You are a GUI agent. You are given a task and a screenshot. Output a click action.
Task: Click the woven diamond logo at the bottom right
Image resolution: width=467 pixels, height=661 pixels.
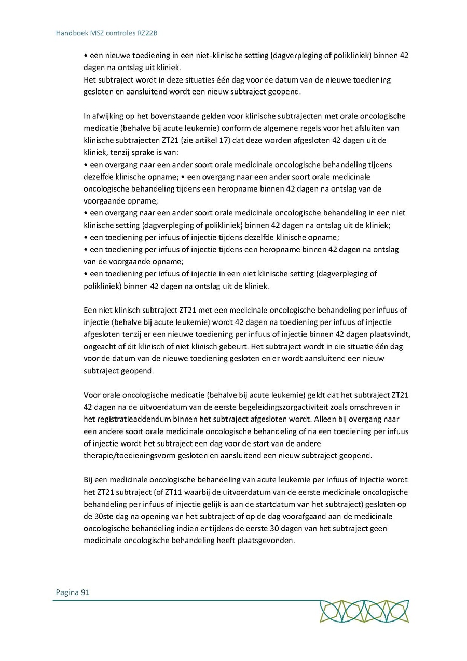coord(364,611)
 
